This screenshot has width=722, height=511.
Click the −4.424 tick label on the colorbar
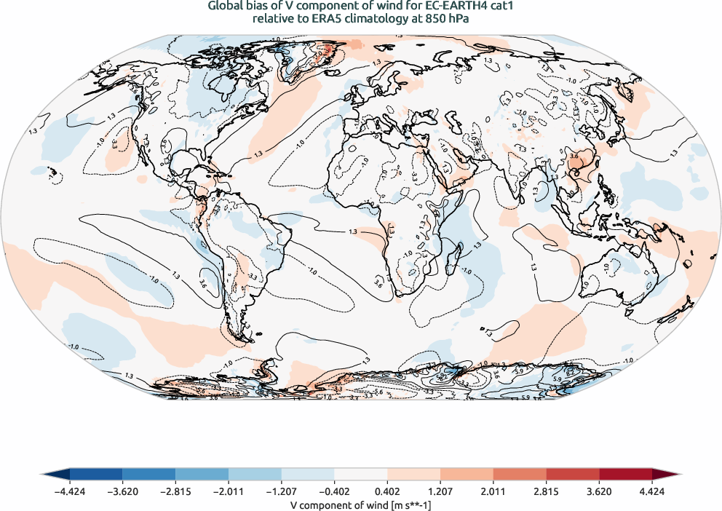point(70,491)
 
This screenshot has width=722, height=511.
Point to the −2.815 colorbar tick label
point(175,491)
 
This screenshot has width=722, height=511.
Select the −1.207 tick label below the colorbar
point(281,491)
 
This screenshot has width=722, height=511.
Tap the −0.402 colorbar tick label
point(334,491)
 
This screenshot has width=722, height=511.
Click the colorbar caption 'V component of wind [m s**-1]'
point(361,504)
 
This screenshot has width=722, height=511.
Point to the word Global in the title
point(226,7)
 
